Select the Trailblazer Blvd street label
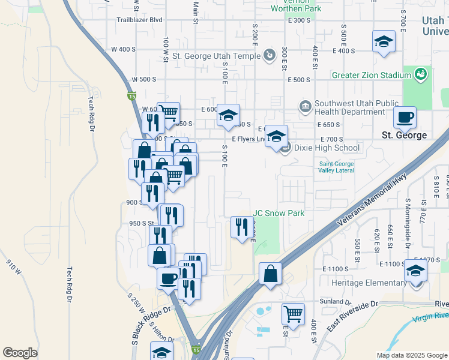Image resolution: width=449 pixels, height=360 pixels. [139, 20]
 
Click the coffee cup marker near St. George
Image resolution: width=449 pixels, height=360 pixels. [405, 117]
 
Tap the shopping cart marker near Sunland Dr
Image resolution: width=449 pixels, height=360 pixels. [293, 314]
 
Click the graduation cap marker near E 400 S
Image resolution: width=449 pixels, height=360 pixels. [384, 41]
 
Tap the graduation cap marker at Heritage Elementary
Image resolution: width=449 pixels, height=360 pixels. [415, 271]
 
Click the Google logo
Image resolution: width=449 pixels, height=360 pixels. [20, 353]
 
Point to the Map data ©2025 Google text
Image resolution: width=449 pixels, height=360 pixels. [411, 355]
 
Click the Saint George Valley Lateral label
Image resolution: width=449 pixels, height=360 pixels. [336, 167]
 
